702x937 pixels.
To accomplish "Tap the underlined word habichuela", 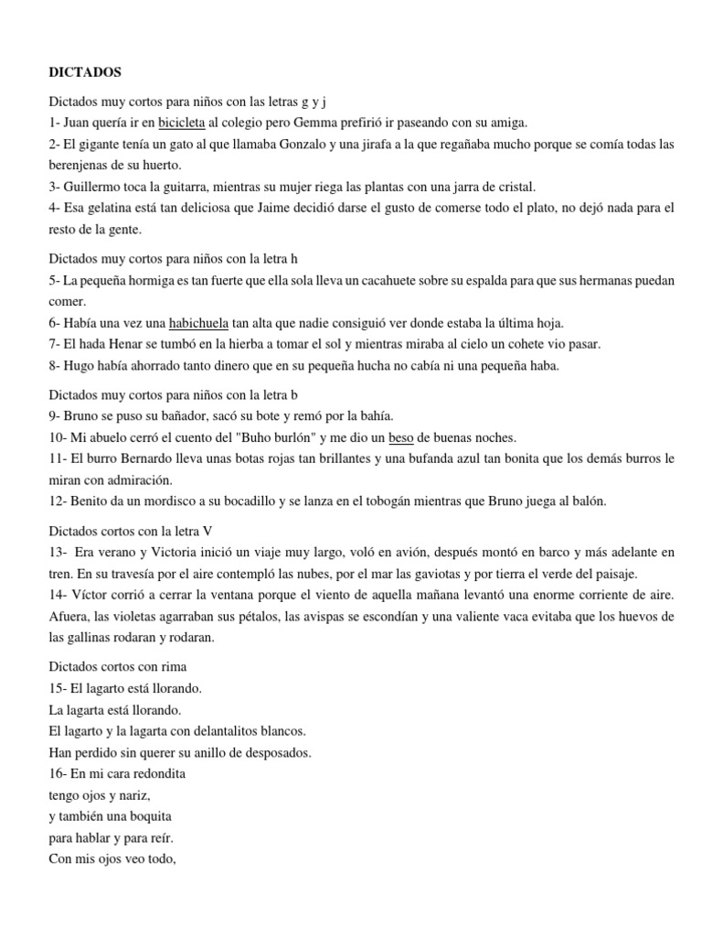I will [198, 322].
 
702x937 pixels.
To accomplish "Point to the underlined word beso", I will [400, 436].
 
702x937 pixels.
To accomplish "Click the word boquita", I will [144, 815].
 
